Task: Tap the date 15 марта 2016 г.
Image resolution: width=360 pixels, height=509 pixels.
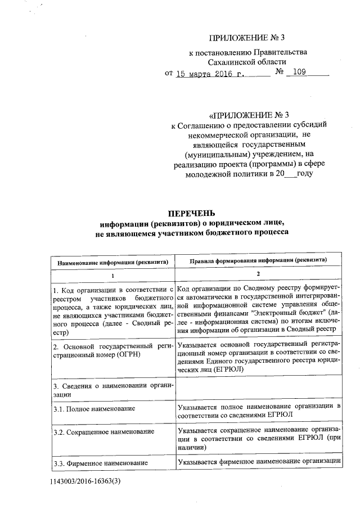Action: pos(210,73)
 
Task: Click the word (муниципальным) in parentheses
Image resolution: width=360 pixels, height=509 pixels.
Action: pos(216,154)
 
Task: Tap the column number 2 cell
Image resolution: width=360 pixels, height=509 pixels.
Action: pos(259,274)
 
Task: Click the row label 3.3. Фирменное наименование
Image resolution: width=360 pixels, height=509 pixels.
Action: pos(100,462)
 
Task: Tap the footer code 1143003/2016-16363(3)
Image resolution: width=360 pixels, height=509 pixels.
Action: pos(85,482)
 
